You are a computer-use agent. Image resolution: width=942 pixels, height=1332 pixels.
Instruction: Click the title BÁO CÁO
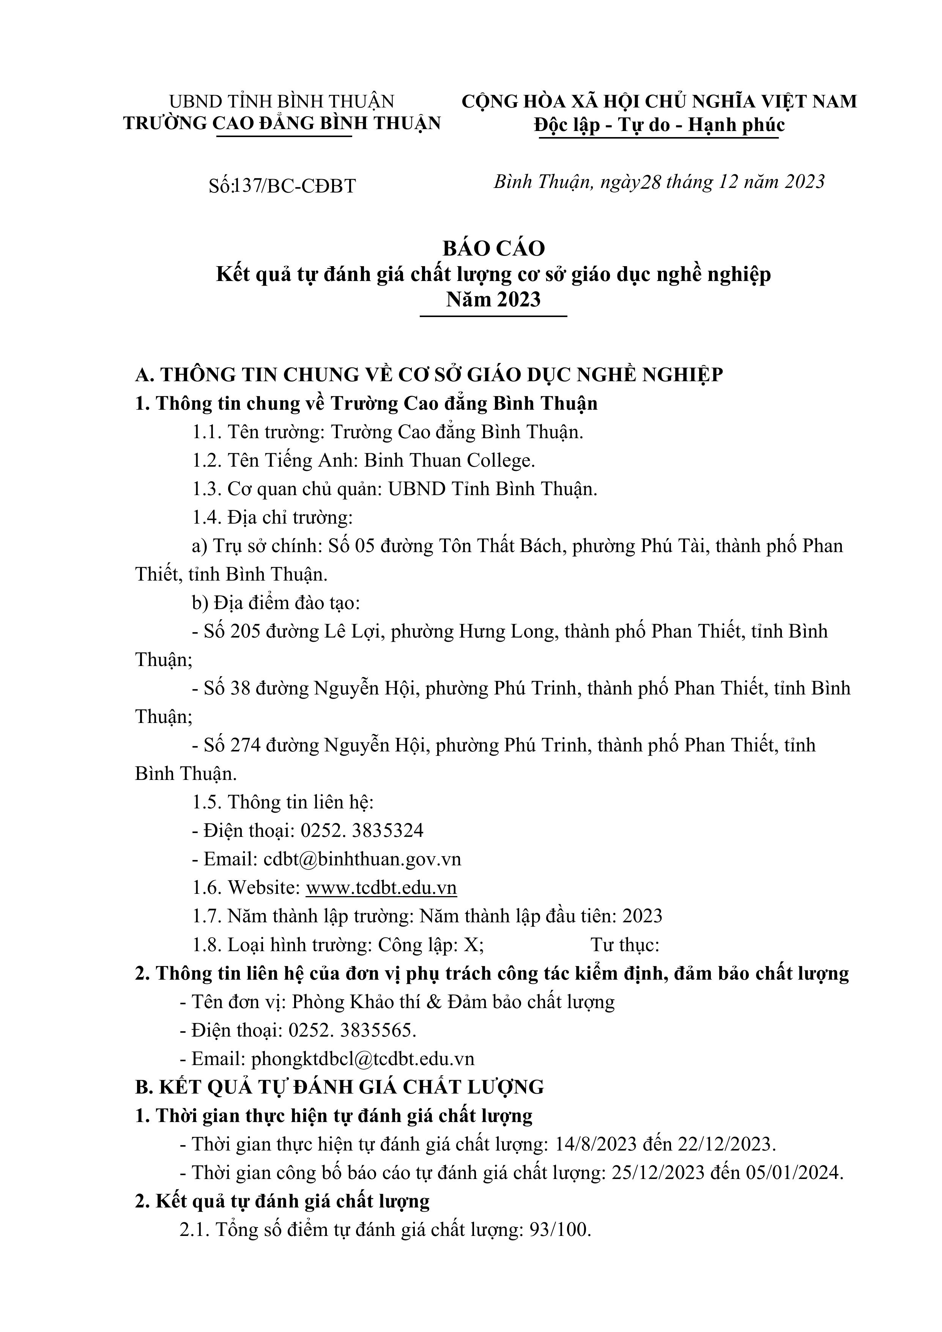(494, 248)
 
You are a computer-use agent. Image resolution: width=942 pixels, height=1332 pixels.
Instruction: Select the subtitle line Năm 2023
(494, 299)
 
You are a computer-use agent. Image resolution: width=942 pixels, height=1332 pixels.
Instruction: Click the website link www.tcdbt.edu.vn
(381, 888)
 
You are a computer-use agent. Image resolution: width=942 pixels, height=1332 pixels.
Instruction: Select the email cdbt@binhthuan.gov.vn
(362, 859)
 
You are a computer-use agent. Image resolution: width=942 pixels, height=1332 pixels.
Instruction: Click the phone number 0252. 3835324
(362, 831)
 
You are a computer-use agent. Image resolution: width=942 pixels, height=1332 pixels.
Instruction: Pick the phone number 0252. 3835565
(353, 1031)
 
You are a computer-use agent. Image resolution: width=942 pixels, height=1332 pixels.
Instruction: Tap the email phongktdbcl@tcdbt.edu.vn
(362, 1059)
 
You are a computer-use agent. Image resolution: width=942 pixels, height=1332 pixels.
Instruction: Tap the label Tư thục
(625, 945)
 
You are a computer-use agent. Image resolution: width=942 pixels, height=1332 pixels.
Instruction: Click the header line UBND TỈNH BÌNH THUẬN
(281, 101)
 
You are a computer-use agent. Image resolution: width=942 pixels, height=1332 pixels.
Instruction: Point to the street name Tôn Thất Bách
(499, 546)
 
